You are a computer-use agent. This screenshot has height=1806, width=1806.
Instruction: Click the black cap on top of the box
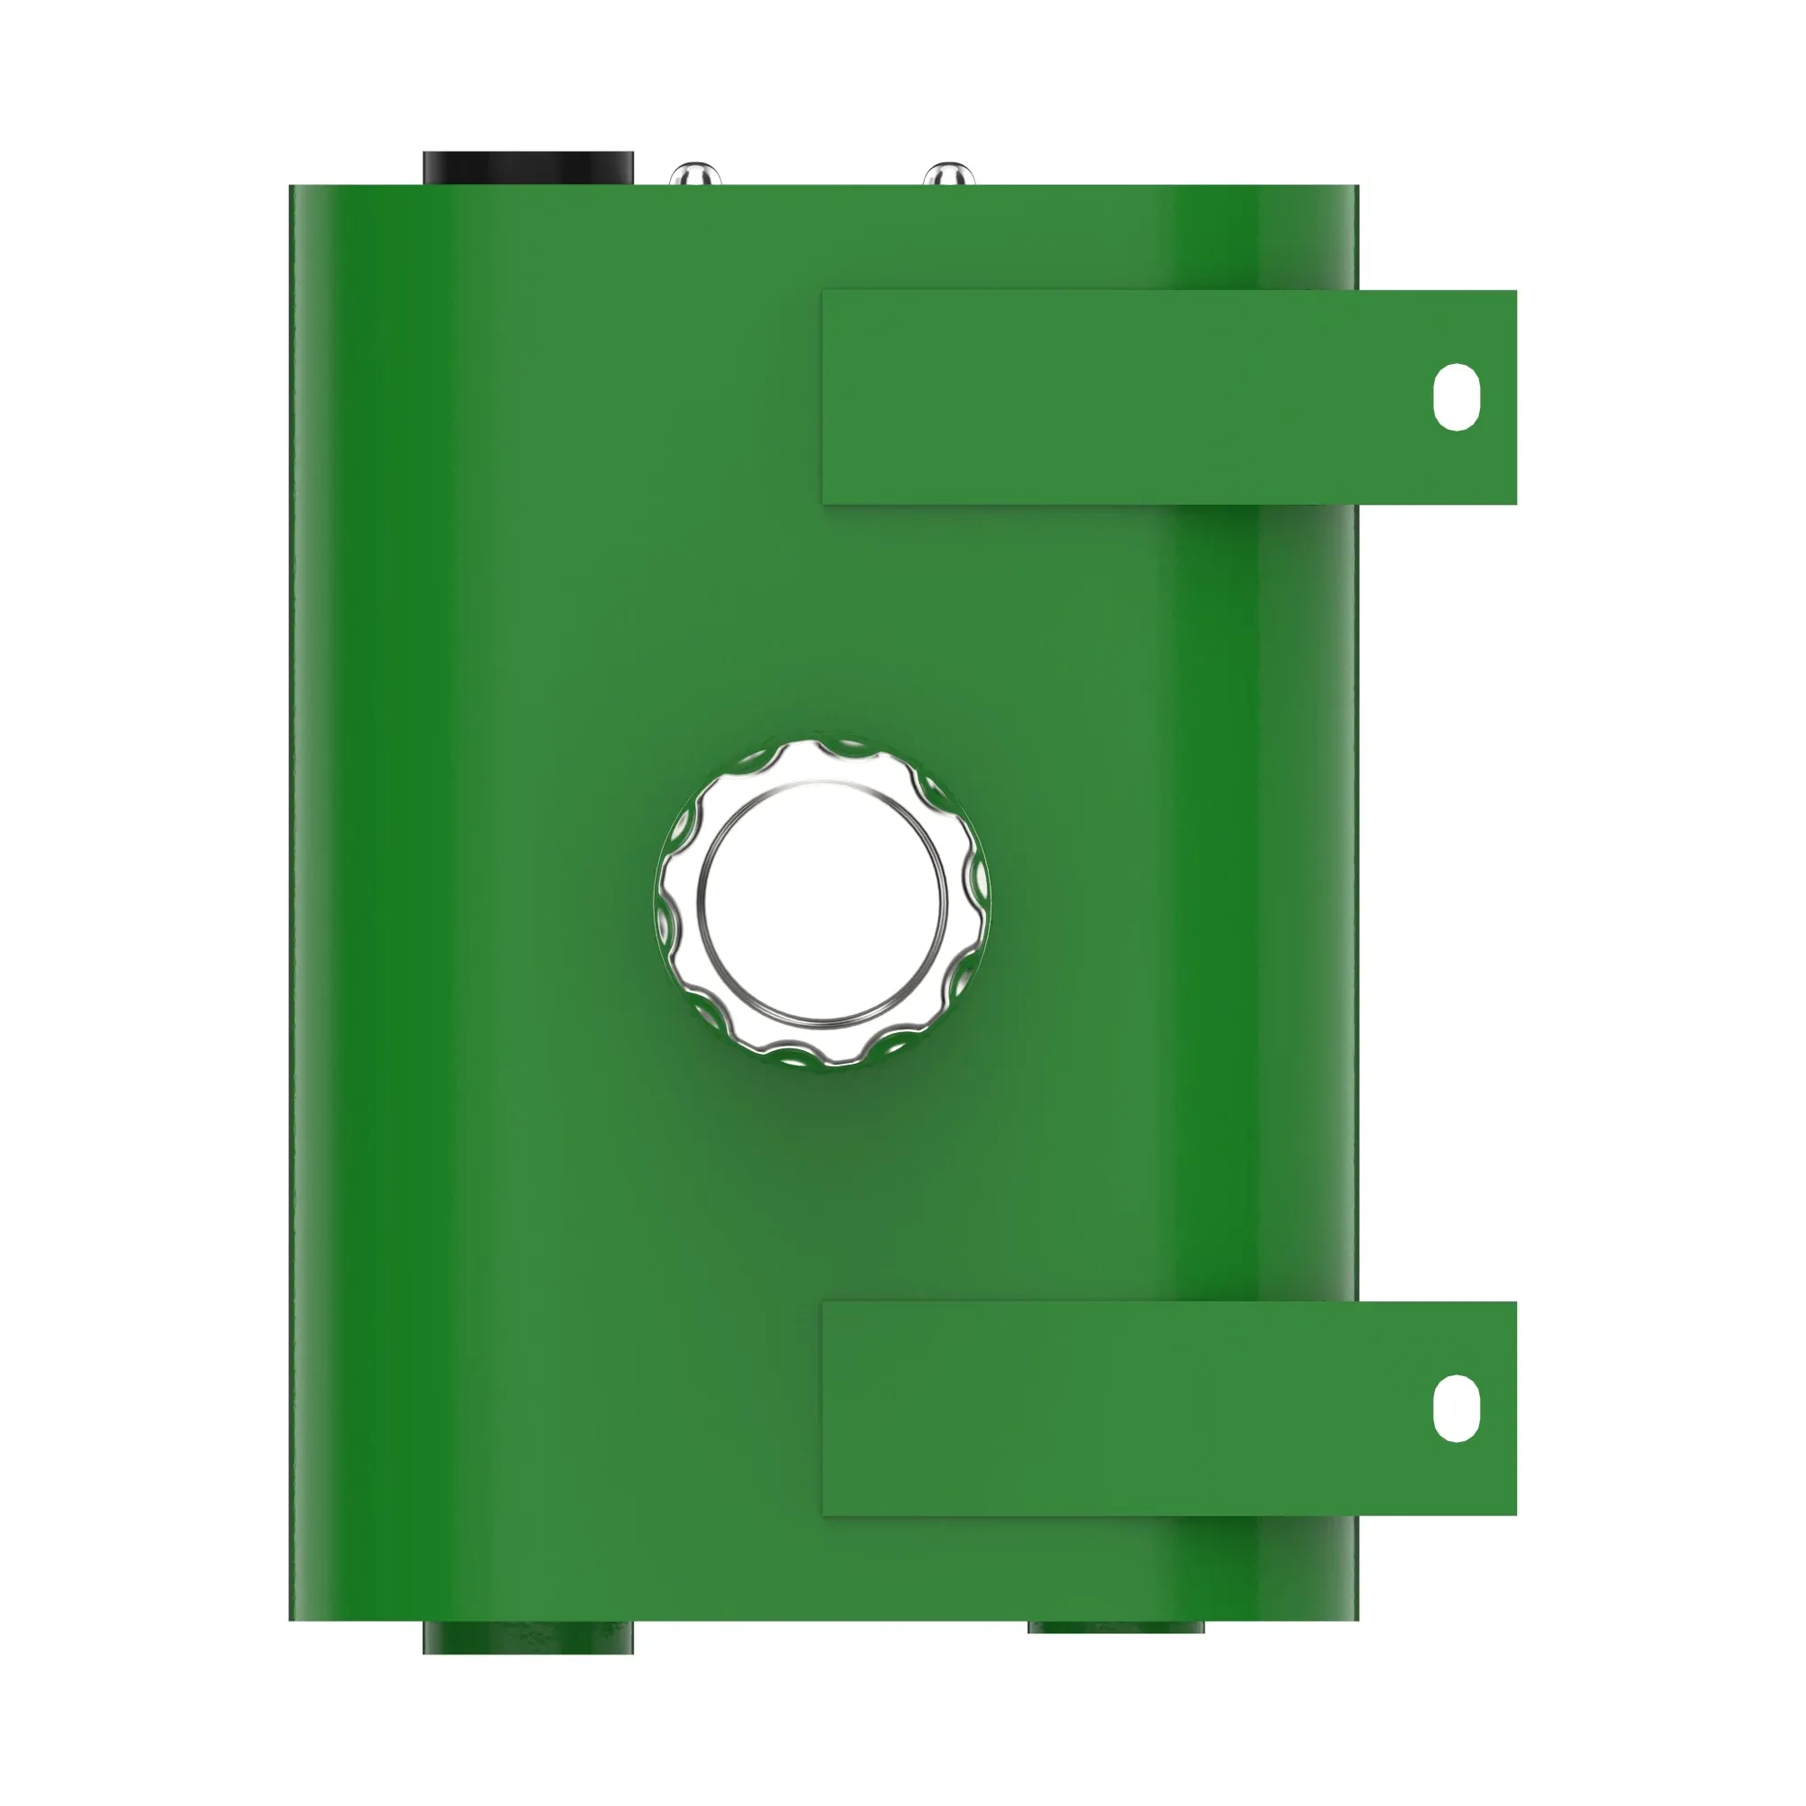pos(527,169)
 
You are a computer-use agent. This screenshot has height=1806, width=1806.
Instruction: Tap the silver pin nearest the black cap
pos(694,175)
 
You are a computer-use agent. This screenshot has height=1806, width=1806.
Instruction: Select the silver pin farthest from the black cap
pos(948,175)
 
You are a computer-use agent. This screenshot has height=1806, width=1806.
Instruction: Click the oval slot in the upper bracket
pos(1456,397)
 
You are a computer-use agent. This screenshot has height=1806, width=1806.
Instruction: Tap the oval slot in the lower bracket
pos(1456,1409)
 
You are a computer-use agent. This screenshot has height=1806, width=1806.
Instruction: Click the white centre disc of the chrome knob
pos(823,901)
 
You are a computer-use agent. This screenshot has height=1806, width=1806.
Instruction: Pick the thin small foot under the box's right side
pos(1115,1627)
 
